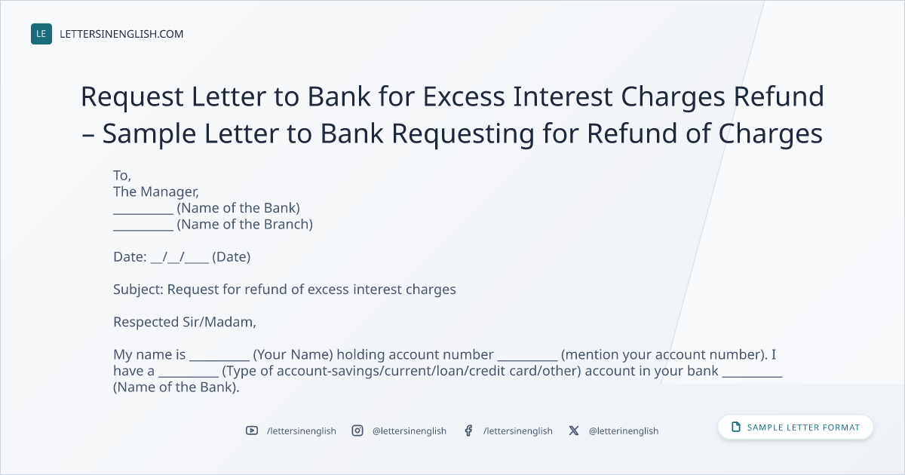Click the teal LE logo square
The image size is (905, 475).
point(41,34)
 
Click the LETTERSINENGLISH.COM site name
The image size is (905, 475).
point(121,34)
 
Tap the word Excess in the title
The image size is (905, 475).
point(464,97)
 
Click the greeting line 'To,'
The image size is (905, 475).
point(122,175)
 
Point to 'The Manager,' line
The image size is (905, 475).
point(156,192)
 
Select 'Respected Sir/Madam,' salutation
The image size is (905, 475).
point(185,322)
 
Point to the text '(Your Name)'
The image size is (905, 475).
point(293,354)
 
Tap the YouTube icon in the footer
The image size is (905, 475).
point(252,431)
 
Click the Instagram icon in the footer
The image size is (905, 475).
point(357,431)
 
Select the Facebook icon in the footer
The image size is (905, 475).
point(468,431)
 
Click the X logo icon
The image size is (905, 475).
point(574,431)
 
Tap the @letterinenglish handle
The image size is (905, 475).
point(624,431)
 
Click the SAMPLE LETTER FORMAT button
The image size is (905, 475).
point(795,427)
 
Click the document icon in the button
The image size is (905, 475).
point(736,427)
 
